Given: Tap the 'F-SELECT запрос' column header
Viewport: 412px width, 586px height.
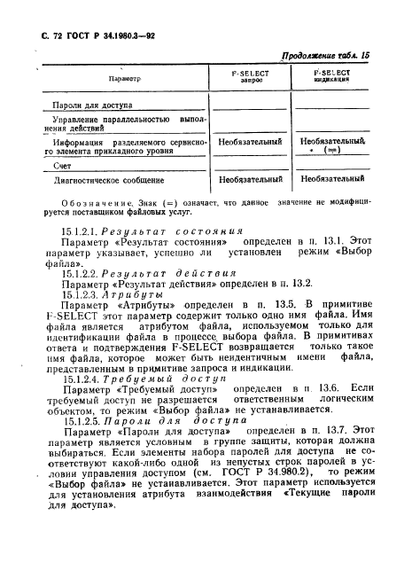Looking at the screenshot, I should point(249,77).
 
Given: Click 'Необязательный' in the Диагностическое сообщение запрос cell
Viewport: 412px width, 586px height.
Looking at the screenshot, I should point(250,179).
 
